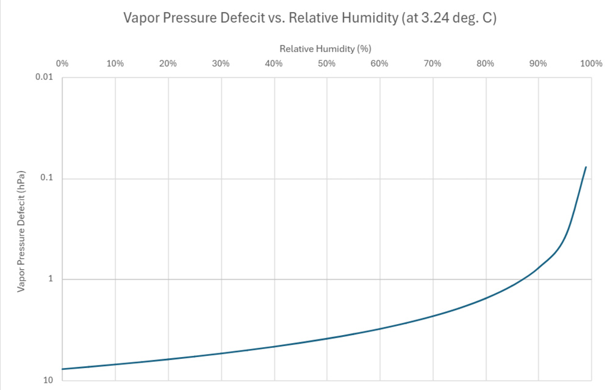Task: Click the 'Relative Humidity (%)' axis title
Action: click(x=325, y=48)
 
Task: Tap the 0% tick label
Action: click(x=62, y=63)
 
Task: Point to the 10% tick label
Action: click(x=115, y=63)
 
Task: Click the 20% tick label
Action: click(x=168, y=63)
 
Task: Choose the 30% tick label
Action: click(x=221, y=63)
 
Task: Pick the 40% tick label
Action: click(x=274, y=63)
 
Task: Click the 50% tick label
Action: click(x=327, y=63)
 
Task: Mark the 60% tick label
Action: click(x=379, y=63)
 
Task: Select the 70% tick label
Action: click(x=432, y=63)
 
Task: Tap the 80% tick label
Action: click(x=486, y=63)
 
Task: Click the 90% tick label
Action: click(x=539, y=63)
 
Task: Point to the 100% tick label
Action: click(x=590, y=63)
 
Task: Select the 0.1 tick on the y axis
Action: click(x=48, y=179)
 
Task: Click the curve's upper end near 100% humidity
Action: click(x=586, y=167)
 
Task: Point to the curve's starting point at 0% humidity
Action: click(x=62, y=369)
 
